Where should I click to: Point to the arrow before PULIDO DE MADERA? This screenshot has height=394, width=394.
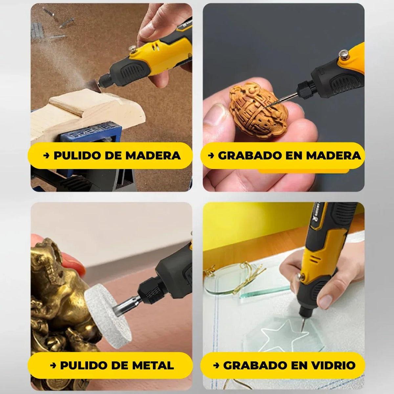[46, 156]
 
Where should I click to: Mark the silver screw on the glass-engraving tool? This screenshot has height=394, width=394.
[299, 277]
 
